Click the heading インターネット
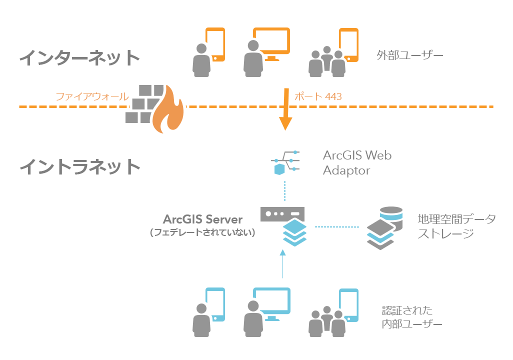79,57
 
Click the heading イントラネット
79,166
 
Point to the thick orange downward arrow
285,109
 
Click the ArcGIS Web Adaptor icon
285,162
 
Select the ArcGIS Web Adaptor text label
357,162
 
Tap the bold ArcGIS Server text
202,219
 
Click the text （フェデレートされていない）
202,232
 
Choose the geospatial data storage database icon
384,227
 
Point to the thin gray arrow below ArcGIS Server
283,263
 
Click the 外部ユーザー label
409,55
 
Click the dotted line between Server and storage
337,227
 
